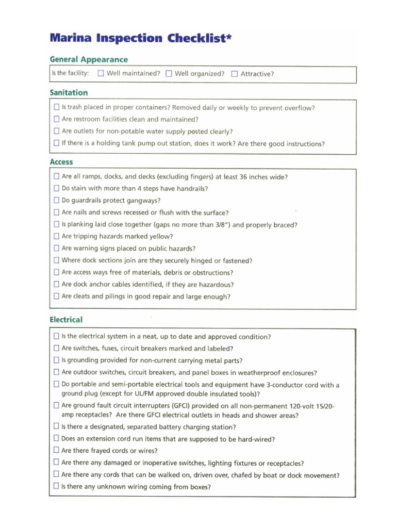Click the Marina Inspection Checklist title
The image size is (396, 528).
point(138,38)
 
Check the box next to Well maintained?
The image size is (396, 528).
point(101,73)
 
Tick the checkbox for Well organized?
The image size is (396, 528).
point(169,73)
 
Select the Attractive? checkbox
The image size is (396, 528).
point(235,73)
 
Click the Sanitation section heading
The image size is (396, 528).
point(69,93)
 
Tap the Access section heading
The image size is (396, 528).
point(61,162)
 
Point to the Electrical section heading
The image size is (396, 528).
point(66,320)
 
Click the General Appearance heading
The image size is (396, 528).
point(89,59)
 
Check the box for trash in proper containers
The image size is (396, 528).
point(56,108)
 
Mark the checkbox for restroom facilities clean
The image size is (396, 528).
point(56,120)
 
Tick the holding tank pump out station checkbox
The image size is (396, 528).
point(56,143)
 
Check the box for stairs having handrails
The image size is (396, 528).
point(56,189)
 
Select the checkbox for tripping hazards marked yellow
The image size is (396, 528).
point(56,236)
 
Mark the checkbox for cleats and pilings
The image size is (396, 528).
point(56,296)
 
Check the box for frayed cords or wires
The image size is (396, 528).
point(56,450)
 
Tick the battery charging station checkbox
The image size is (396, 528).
point(56,426)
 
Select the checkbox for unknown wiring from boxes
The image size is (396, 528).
point(56,486)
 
